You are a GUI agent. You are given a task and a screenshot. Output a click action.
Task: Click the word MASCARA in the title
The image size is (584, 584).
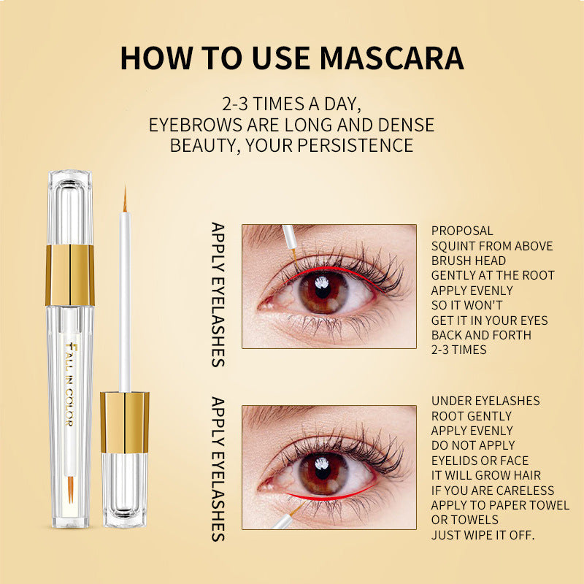click(x=391, y=58)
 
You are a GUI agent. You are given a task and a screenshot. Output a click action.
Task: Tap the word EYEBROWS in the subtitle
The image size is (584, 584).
click(x=195, y=125)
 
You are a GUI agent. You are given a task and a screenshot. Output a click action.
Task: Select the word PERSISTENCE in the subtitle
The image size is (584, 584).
click(x=355, y=145)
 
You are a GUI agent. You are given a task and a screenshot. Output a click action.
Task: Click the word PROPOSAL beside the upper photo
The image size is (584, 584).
click(x=462, y=231)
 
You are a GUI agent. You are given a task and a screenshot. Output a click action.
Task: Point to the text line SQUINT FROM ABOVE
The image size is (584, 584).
click(x=492, y=246)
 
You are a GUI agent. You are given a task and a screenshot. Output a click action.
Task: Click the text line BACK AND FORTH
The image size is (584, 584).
click(x=481, y=335)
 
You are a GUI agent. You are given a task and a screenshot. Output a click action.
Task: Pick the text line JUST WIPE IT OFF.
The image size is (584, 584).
click(x=483, y=535)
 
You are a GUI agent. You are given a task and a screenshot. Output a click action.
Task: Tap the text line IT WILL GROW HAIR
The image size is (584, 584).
click(x=485, y=475)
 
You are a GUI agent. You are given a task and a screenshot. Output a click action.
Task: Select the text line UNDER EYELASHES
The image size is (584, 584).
click(x=485, y=401)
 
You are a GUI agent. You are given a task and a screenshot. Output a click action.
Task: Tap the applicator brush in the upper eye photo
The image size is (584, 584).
click(x=290, y=242)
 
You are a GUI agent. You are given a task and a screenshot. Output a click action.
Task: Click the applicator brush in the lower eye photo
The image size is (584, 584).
click(x=288, y=517)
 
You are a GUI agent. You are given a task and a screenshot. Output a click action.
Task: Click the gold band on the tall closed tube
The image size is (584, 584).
click(x=69, y=276)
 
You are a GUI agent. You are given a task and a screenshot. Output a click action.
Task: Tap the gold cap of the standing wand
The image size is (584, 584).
click(x=124, y=423)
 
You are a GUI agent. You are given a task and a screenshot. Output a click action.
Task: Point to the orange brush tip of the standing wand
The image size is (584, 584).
click(x=125, y=199)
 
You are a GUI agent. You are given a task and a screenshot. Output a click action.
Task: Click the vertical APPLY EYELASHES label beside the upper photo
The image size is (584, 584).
click(x=218, y=295)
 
